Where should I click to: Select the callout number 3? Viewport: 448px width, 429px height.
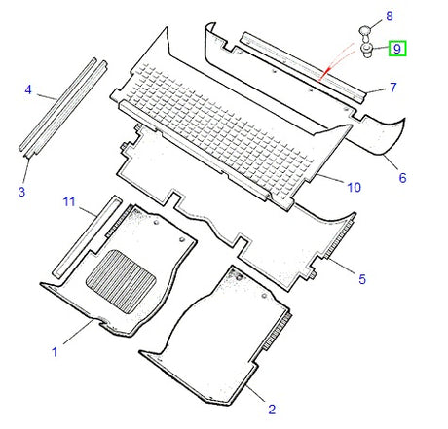pyautogui.click(x=20, y=192)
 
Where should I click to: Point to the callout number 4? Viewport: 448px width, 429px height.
pyautogui.click(x=28, y=91)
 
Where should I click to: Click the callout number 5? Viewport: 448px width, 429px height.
pyautogui.click(x=361, y=280)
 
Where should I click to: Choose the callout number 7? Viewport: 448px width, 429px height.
pyautogui.click(x=393, y=89)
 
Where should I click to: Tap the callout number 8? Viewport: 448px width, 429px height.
pyautogui.click(x=390, y=17)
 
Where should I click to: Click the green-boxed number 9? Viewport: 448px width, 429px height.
pyautogui.click(x=397, y=47)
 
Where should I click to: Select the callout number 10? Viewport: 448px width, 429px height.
pyautogui.click(x=353, y=186)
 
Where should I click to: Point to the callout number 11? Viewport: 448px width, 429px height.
pyautogui.click(x=69, y=201)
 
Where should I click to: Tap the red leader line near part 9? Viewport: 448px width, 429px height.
pyautogui.click(x=336, y=66)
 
